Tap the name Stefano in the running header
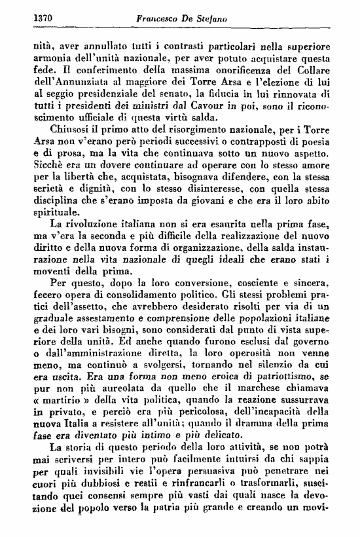[x=207, y=19]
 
